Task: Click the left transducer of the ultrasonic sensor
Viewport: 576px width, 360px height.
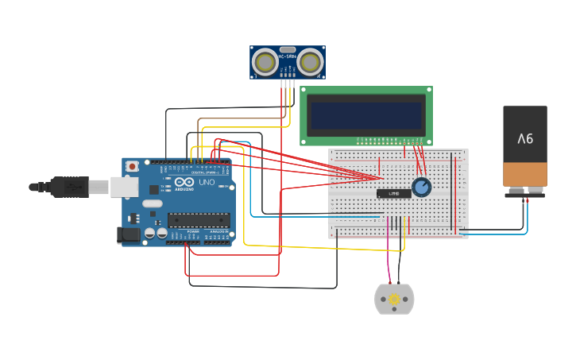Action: click(x=265, y=60)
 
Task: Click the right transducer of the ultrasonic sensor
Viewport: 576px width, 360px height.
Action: click(x=310, y=60)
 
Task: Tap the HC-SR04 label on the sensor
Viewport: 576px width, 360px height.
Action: click(x=287, y=56)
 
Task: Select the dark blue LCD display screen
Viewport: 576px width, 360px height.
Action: click(x=366, y=116)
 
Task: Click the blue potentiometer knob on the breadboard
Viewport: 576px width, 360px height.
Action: click(x=421, y=188)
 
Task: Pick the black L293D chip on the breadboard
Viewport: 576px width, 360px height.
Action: click(x=393, y=193)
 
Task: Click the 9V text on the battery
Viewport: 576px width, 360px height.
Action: click(x=525, y=138)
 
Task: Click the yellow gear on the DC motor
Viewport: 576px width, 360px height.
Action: click(x=394, y=299)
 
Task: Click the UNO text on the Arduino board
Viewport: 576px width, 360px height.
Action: click(x=206, y=183)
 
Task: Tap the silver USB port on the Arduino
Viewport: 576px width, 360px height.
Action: click(x=123, y=187)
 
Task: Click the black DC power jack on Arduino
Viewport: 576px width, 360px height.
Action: click(x=126, y=234)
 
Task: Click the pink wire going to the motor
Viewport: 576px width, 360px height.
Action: click(x=389, y=254)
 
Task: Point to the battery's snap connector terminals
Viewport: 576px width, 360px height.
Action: click(x=525, y=192)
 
